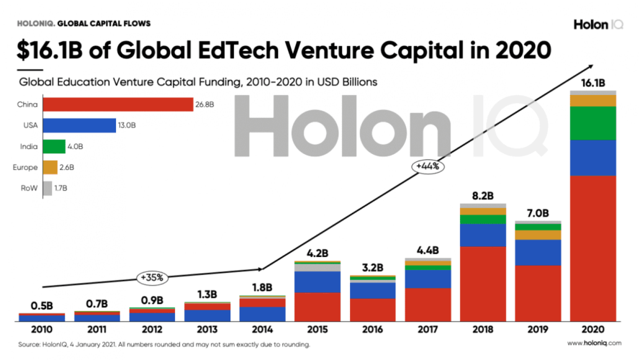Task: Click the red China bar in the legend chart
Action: click(117, 105)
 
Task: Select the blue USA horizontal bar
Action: click(79, 126)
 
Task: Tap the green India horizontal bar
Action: click(54, 147)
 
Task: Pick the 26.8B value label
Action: click(204, 105)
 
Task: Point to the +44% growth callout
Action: click(428, 166)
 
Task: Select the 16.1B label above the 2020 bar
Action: click(592, 83)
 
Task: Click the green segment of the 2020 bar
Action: click(592, 123)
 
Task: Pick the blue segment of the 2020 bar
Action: click(592, 158)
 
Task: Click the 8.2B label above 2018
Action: click(482, 195)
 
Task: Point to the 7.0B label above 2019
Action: click(537, 213)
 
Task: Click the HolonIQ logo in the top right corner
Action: click(598, 24)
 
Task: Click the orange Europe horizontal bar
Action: click(50, 168)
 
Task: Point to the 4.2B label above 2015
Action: click(317, 253)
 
